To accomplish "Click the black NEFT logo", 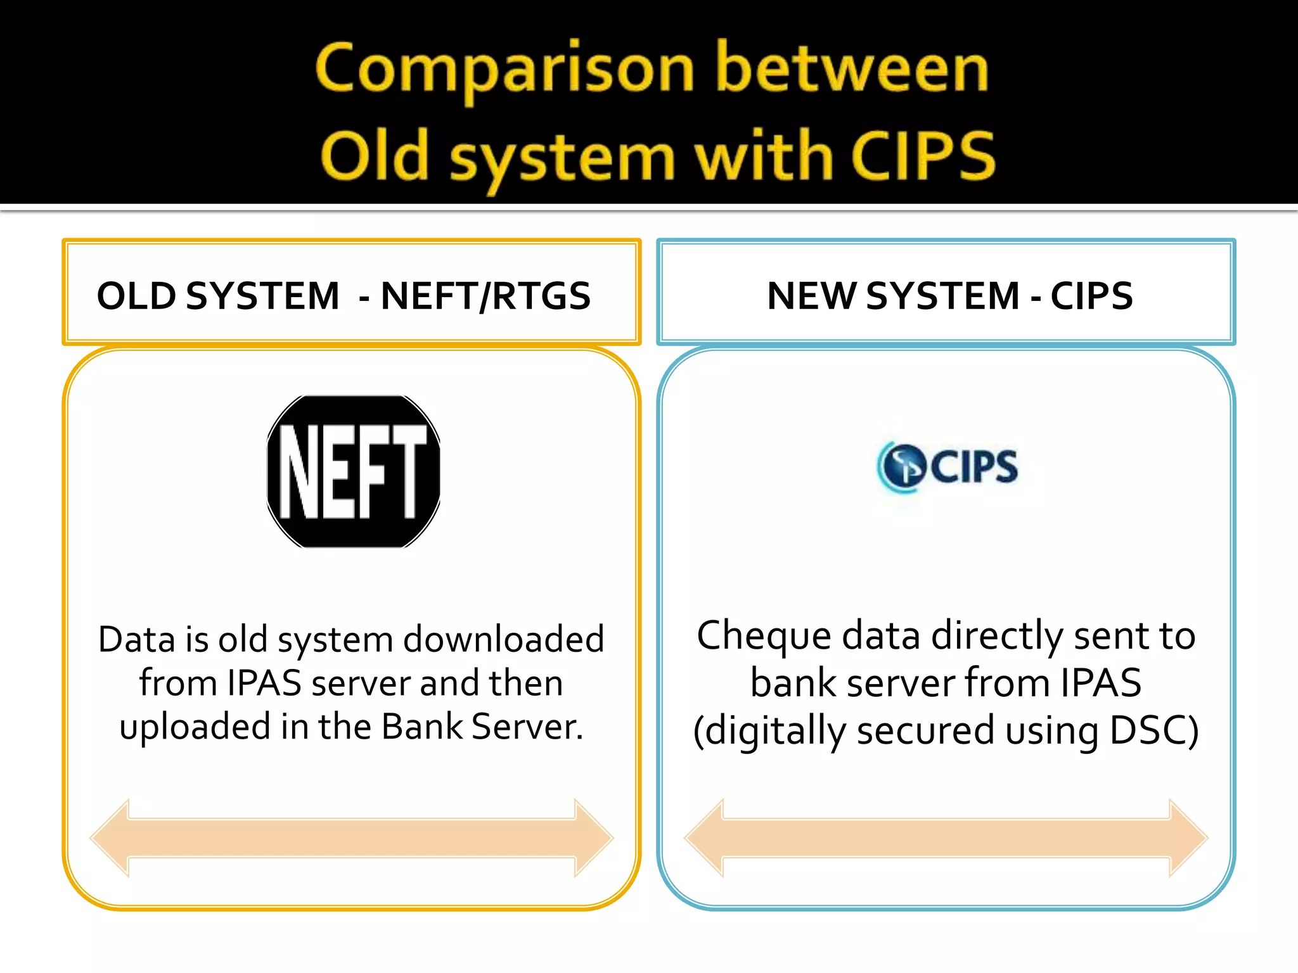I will click(x=353, y=471).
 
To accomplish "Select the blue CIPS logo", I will click(x=948, y=467).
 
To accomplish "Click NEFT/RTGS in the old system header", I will click(x=485, y=296).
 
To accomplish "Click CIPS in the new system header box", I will click(x=1091, y=296).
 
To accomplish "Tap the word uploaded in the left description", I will click(x=195, y=727).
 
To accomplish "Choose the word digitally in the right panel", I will click(x=775, y=730).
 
